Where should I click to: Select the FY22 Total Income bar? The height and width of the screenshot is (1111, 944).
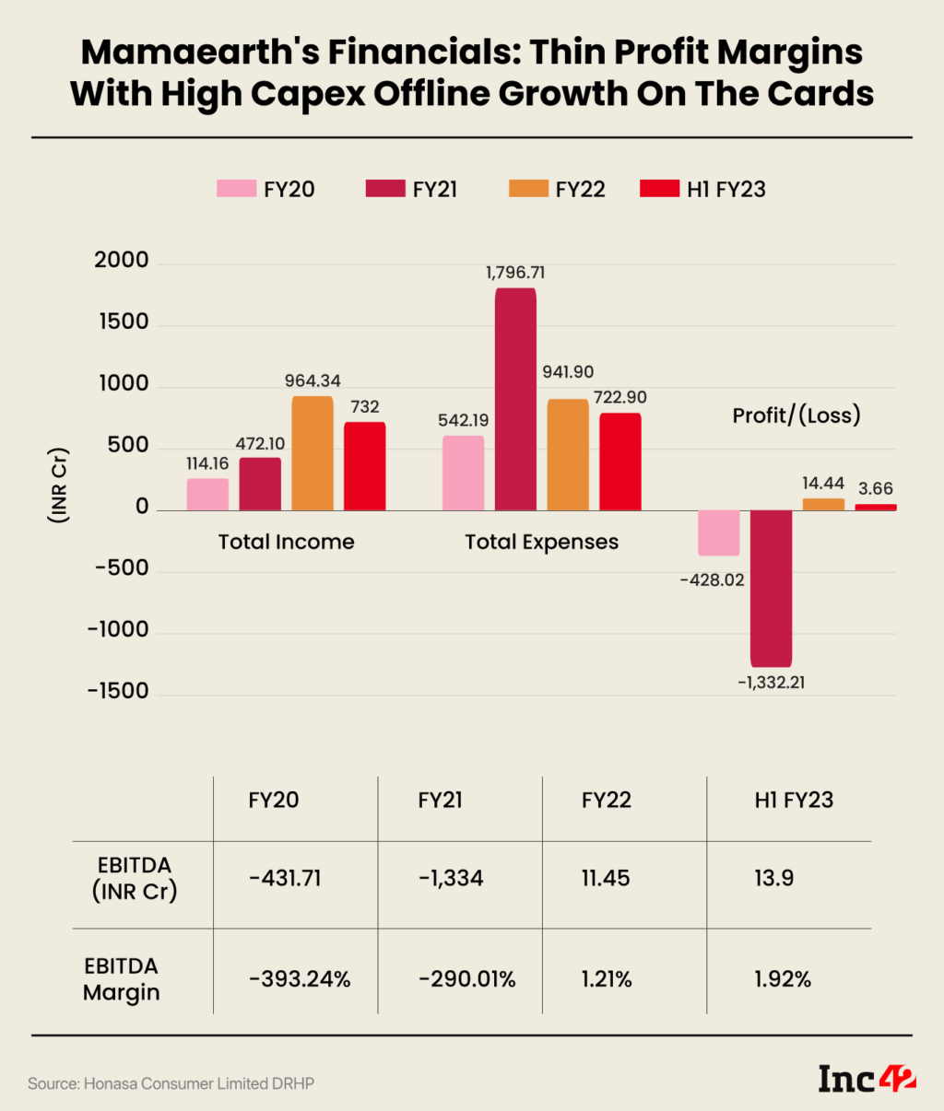tap(313, 453)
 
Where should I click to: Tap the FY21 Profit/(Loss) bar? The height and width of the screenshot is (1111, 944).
tap(771, 588)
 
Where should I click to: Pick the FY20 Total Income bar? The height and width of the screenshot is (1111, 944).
tap(207, 495)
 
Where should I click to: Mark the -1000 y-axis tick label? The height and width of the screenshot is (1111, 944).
tap(118, 630)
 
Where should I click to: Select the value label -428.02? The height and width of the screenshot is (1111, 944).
tap(712, 580)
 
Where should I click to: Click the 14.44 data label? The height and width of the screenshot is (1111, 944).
tap(822, 483)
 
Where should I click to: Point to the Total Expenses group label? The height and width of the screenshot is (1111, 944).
tap(541, 542)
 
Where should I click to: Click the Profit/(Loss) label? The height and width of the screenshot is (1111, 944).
tap(796, 415)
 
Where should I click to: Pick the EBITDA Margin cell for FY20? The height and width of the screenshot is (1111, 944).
tap(300, 979)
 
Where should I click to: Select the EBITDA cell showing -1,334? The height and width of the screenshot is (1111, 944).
tap(451, 878)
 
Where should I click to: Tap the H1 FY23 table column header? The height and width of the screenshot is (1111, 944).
tap(794, 800)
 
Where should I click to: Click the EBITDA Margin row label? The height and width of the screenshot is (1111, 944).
tap(122, 979)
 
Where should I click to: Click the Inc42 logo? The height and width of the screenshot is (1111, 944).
tap(867, 1079)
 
